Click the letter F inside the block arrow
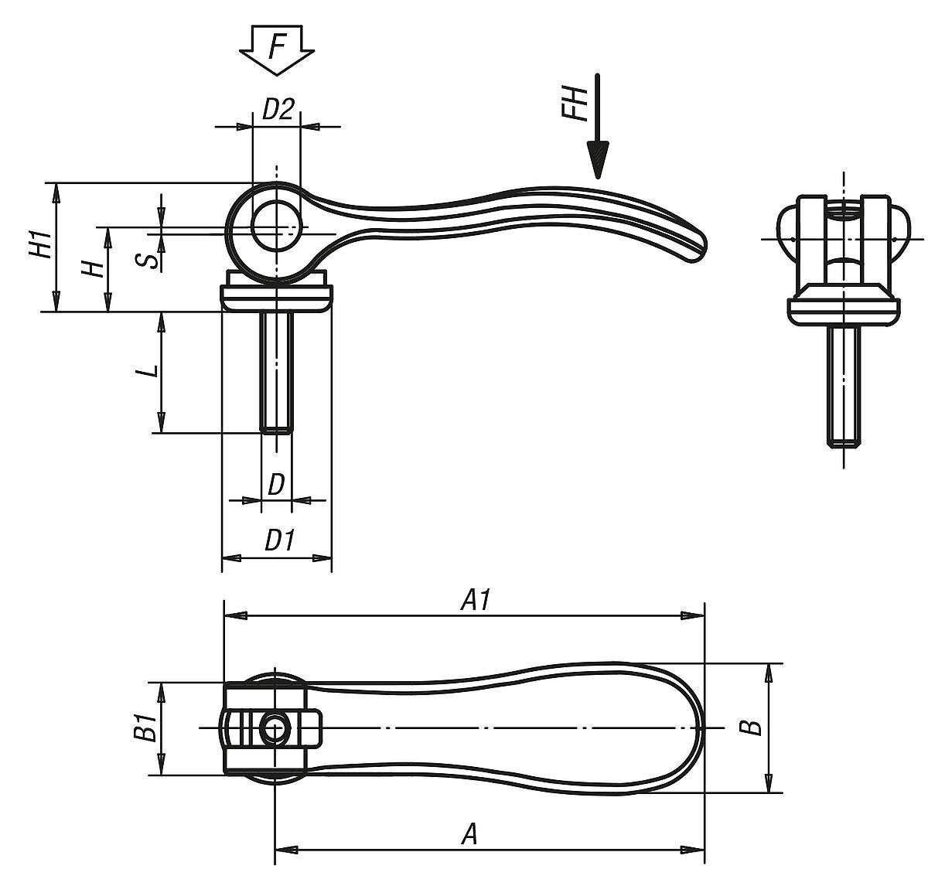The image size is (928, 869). (276, 46)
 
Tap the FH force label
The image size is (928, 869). (575, 104)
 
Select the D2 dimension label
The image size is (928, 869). (277, 110)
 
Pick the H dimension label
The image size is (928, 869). (93, 268)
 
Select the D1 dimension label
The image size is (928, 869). (279, 540)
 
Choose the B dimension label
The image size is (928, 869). (749, 728)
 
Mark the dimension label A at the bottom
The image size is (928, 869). (469, 834)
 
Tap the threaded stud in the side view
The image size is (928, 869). (276, 371)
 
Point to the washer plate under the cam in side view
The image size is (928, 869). (276, 298)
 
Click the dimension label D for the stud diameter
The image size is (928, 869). (276, 485)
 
